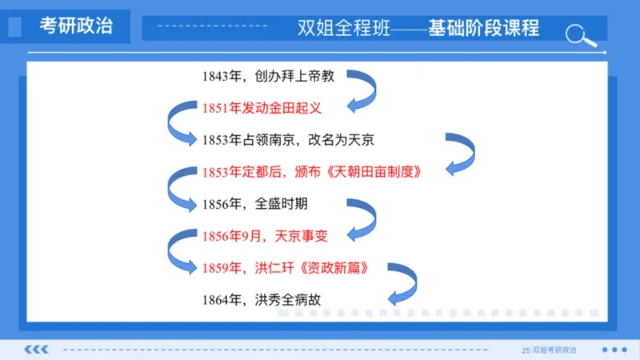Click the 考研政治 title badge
[x=76, y=27]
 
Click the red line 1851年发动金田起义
[x=272, y=108]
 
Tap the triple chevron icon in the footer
[x=37, y=350]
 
